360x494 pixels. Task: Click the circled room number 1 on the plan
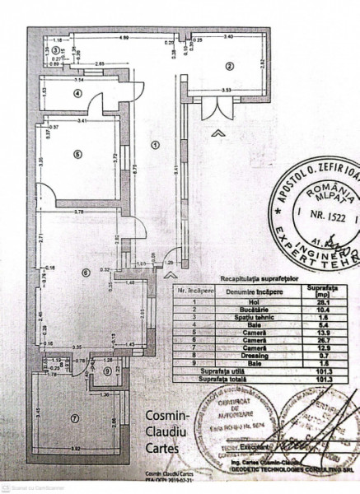point(154,145)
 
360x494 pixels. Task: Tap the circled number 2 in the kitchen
point(230,67)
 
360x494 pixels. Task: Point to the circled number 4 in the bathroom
point(77,93)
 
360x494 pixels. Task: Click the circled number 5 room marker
point(75,153)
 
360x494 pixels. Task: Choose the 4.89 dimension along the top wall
point(124,38)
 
